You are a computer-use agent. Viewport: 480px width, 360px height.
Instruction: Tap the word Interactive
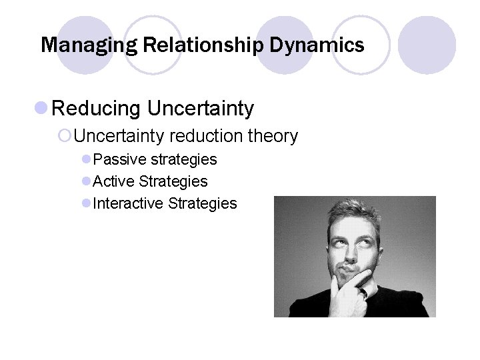129,203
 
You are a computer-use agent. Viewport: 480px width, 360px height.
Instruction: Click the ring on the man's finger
363,292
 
